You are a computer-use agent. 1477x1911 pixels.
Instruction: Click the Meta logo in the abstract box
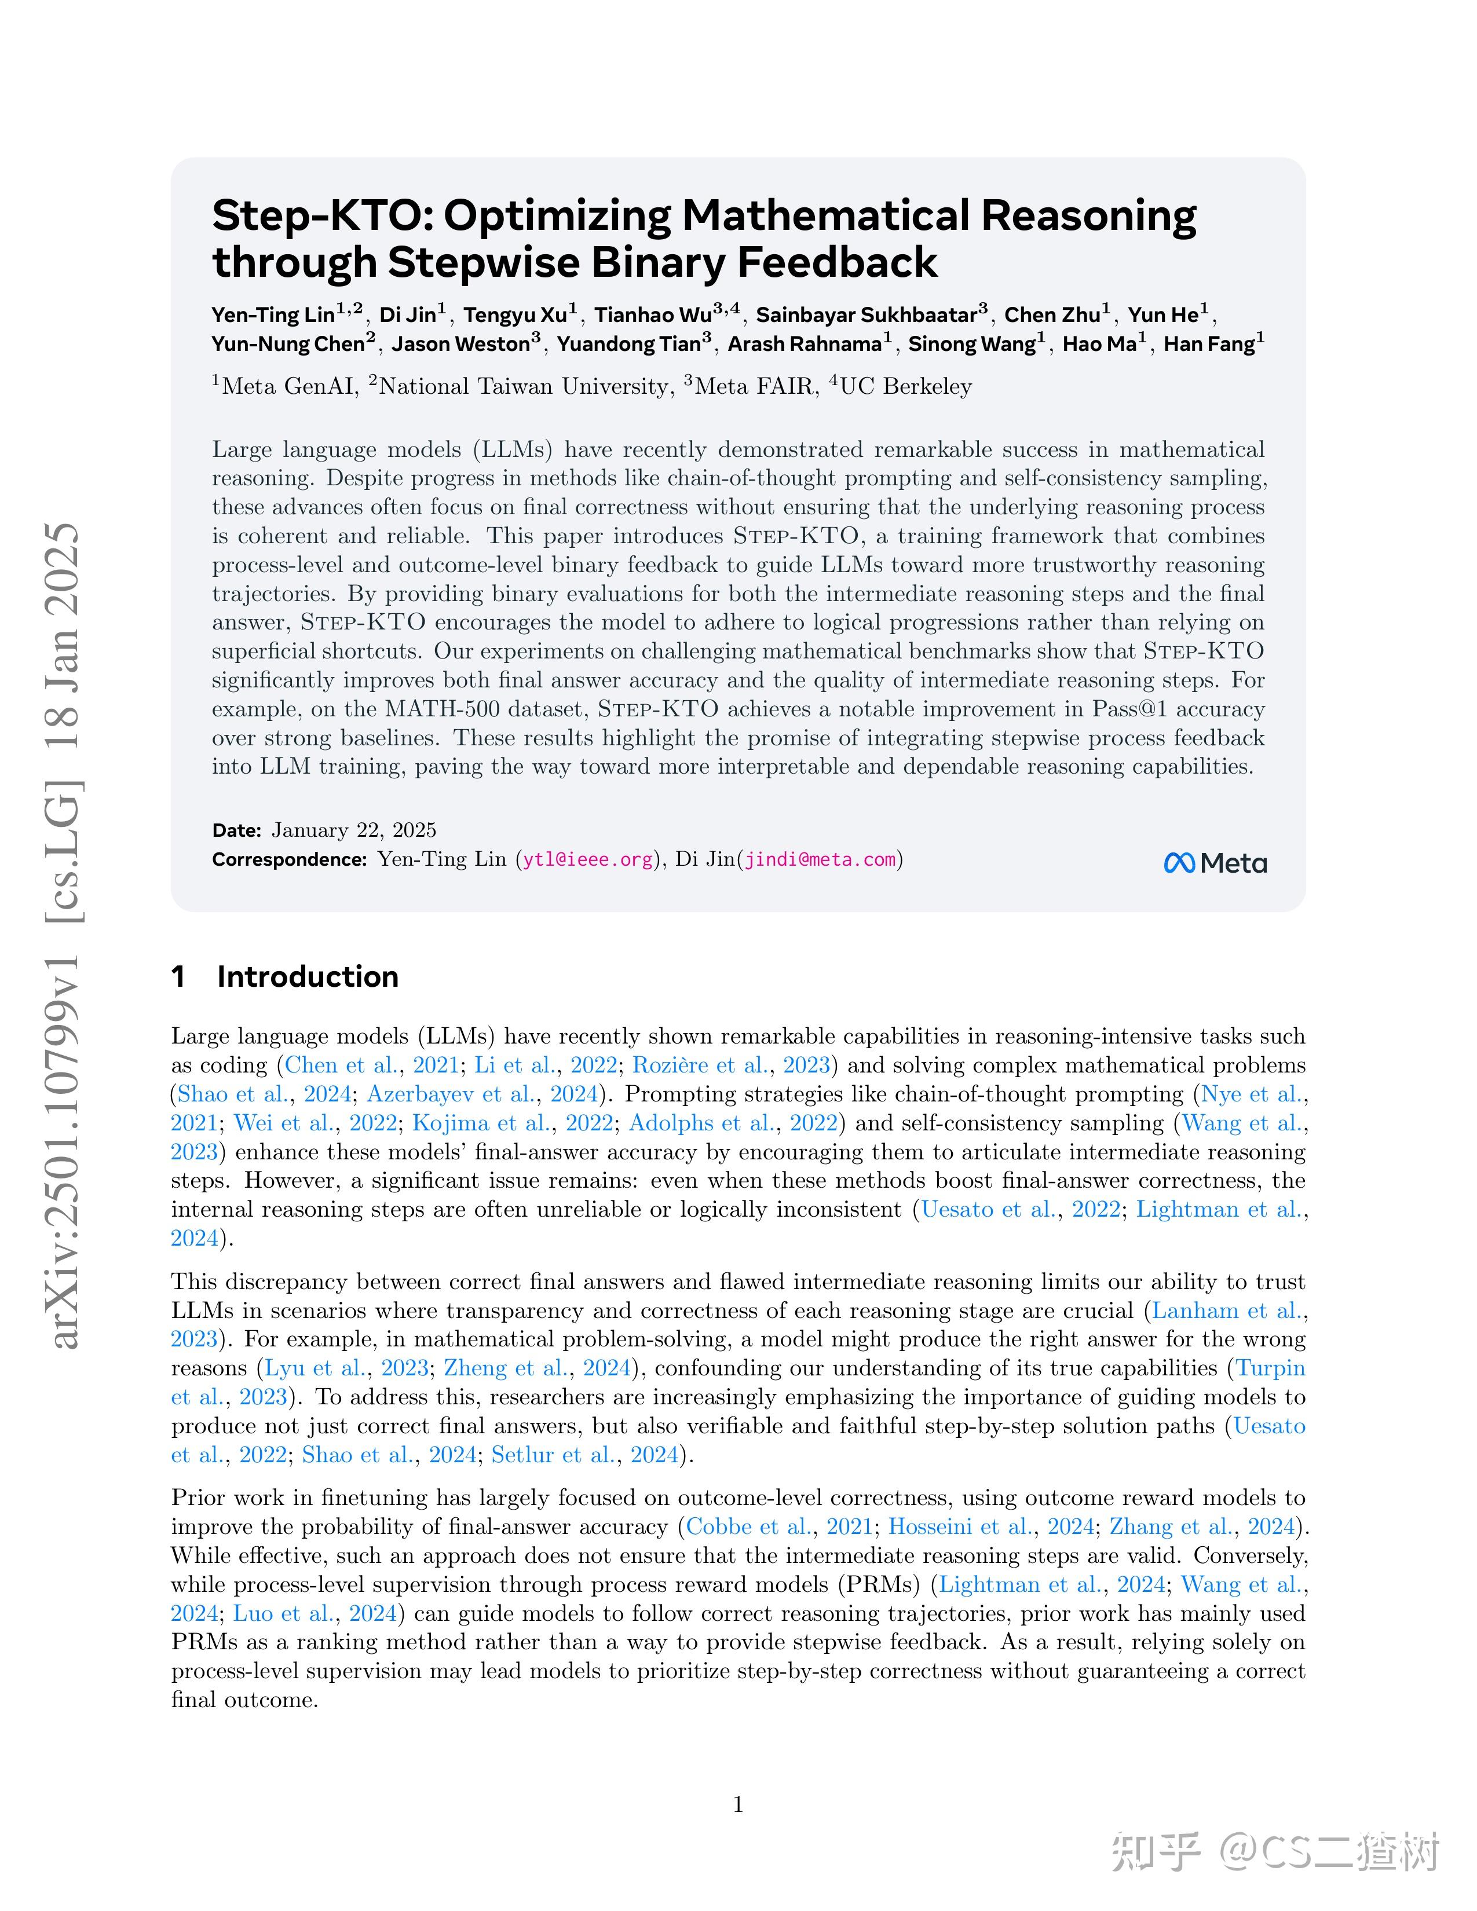pos(1215,863)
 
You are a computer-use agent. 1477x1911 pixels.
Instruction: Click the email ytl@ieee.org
pos(588,859)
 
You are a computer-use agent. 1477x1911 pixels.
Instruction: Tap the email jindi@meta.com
pos(821,859)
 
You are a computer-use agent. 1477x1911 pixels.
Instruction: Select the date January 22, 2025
pos(353,829)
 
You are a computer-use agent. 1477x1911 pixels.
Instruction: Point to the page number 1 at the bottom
pos(737,1804)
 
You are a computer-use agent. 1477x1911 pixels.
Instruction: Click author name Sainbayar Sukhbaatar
pos(867,315)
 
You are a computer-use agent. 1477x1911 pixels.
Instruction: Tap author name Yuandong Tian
pos(630,344)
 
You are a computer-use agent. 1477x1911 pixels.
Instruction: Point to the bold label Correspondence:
pos(289,859)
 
